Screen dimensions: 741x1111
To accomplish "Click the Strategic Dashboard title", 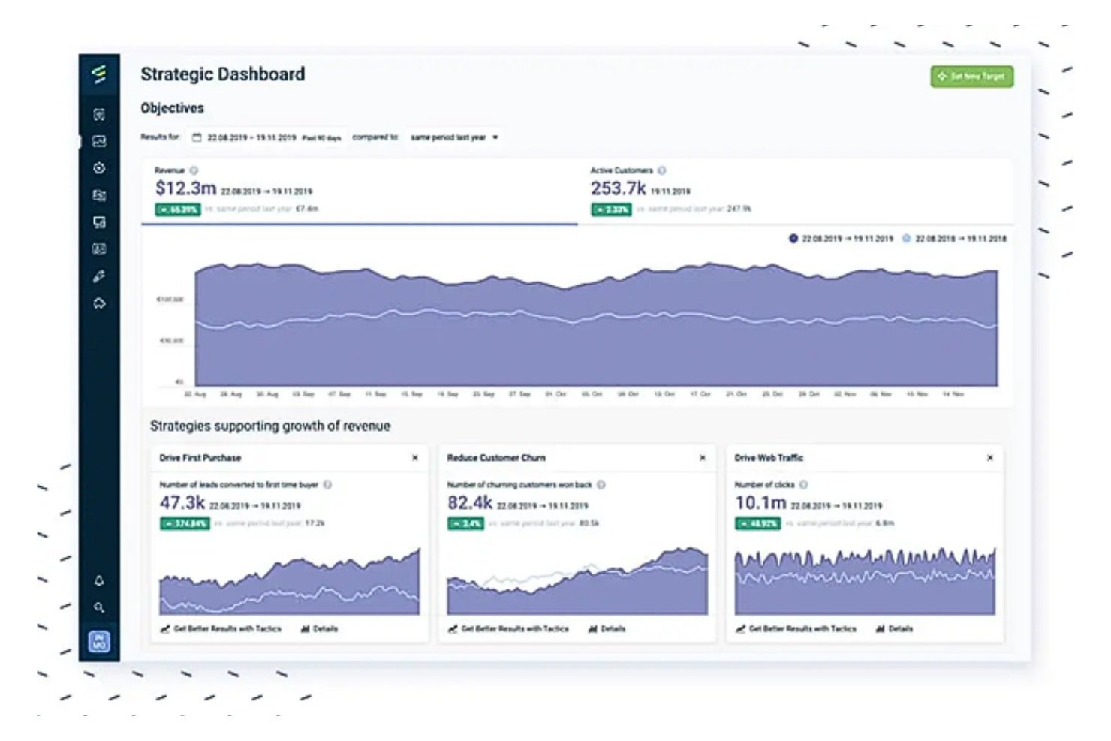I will (222, 74).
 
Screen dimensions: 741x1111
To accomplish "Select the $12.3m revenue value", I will (185, 188).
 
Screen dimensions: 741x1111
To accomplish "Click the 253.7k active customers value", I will (617, 188).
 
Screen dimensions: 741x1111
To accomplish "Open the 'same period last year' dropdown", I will (454, 137).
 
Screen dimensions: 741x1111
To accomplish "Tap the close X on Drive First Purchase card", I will (415, 458).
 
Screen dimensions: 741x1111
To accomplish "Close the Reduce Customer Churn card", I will (703, 458).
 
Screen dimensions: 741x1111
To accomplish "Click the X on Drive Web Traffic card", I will (990, 458).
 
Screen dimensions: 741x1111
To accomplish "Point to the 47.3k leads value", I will (182, 503).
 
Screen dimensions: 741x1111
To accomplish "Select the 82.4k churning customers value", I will (470, 503).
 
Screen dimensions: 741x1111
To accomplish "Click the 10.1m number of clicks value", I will (760, 503).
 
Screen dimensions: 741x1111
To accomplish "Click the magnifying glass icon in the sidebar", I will (99, 607).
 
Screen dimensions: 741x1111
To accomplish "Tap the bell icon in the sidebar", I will (99, 580).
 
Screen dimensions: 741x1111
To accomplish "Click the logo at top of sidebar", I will (99, 74).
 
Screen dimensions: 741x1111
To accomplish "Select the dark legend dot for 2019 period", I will (793, 239).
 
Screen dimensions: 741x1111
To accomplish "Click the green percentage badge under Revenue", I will (177, 209).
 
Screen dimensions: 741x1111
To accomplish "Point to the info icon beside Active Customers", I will (661, 170).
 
